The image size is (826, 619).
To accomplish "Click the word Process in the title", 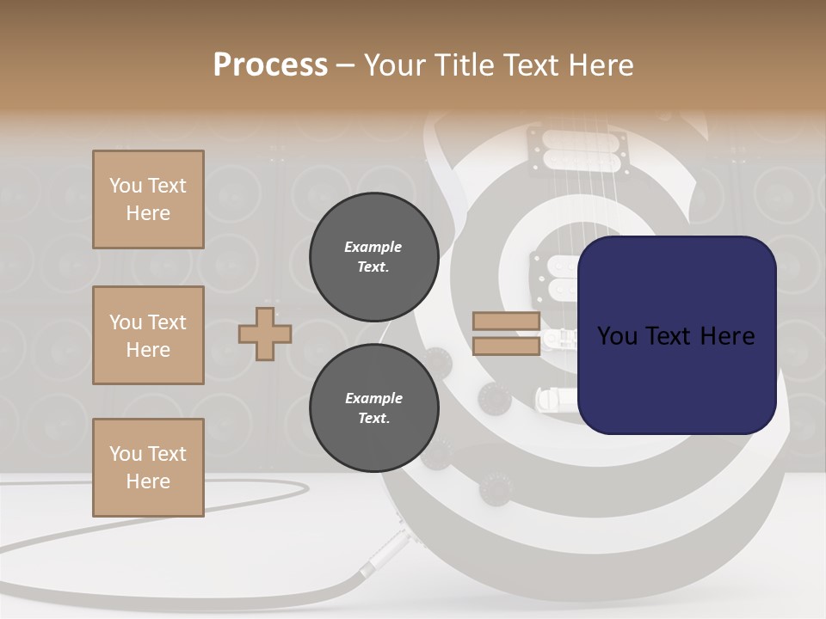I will [270, 65].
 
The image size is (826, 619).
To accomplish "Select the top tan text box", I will [148, 199].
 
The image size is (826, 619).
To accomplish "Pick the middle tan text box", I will [148, 335].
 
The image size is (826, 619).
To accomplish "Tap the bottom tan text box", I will [148, 468].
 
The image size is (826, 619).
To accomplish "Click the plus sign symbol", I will [265, 334].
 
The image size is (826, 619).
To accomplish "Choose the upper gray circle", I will [373, 256].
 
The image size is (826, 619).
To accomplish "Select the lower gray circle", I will [373, 408].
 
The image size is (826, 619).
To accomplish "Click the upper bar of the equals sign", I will [506, 322].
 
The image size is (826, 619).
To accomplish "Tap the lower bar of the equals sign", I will [506, 346].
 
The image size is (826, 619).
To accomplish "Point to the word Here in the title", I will [600, 65].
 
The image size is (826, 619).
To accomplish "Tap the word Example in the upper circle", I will [373, 247].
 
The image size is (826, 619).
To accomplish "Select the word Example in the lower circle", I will [373, 398].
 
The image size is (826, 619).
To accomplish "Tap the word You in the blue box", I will [617, 336].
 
